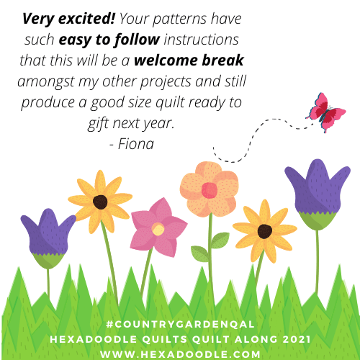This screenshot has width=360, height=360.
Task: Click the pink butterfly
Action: (325, 112)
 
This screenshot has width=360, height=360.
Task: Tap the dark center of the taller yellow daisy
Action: (100, 202)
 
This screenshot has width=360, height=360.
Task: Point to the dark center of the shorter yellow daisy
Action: (265, 231)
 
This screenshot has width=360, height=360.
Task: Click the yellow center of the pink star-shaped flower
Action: (158, 229)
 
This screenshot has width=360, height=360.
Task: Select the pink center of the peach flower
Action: (210, 190)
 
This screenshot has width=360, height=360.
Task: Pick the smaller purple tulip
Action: (48, 238)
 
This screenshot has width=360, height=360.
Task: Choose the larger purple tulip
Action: (318, 193)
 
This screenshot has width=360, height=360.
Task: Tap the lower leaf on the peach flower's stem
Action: (200, 253)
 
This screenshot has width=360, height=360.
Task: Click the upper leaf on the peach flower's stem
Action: (220, 240)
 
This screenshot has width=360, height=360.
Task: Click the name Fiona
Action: (136, 144)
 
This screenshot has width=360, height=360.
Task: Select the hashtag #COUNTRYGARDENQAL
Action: (180, 324)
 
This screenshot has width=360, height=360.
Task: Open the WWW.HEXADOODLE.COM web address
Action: (180, 354)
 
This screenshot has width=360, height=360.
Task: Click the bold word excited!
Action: (87, 19)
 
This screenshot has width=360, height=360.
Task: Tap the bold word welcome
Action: (166, 60)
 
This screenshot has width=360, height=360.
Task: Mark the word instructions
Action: (201, 40)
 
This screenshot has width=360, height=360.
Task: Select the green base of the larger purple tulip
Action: (318, 221)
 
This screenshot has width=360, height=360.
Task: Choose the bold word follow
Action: (137, 40)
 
